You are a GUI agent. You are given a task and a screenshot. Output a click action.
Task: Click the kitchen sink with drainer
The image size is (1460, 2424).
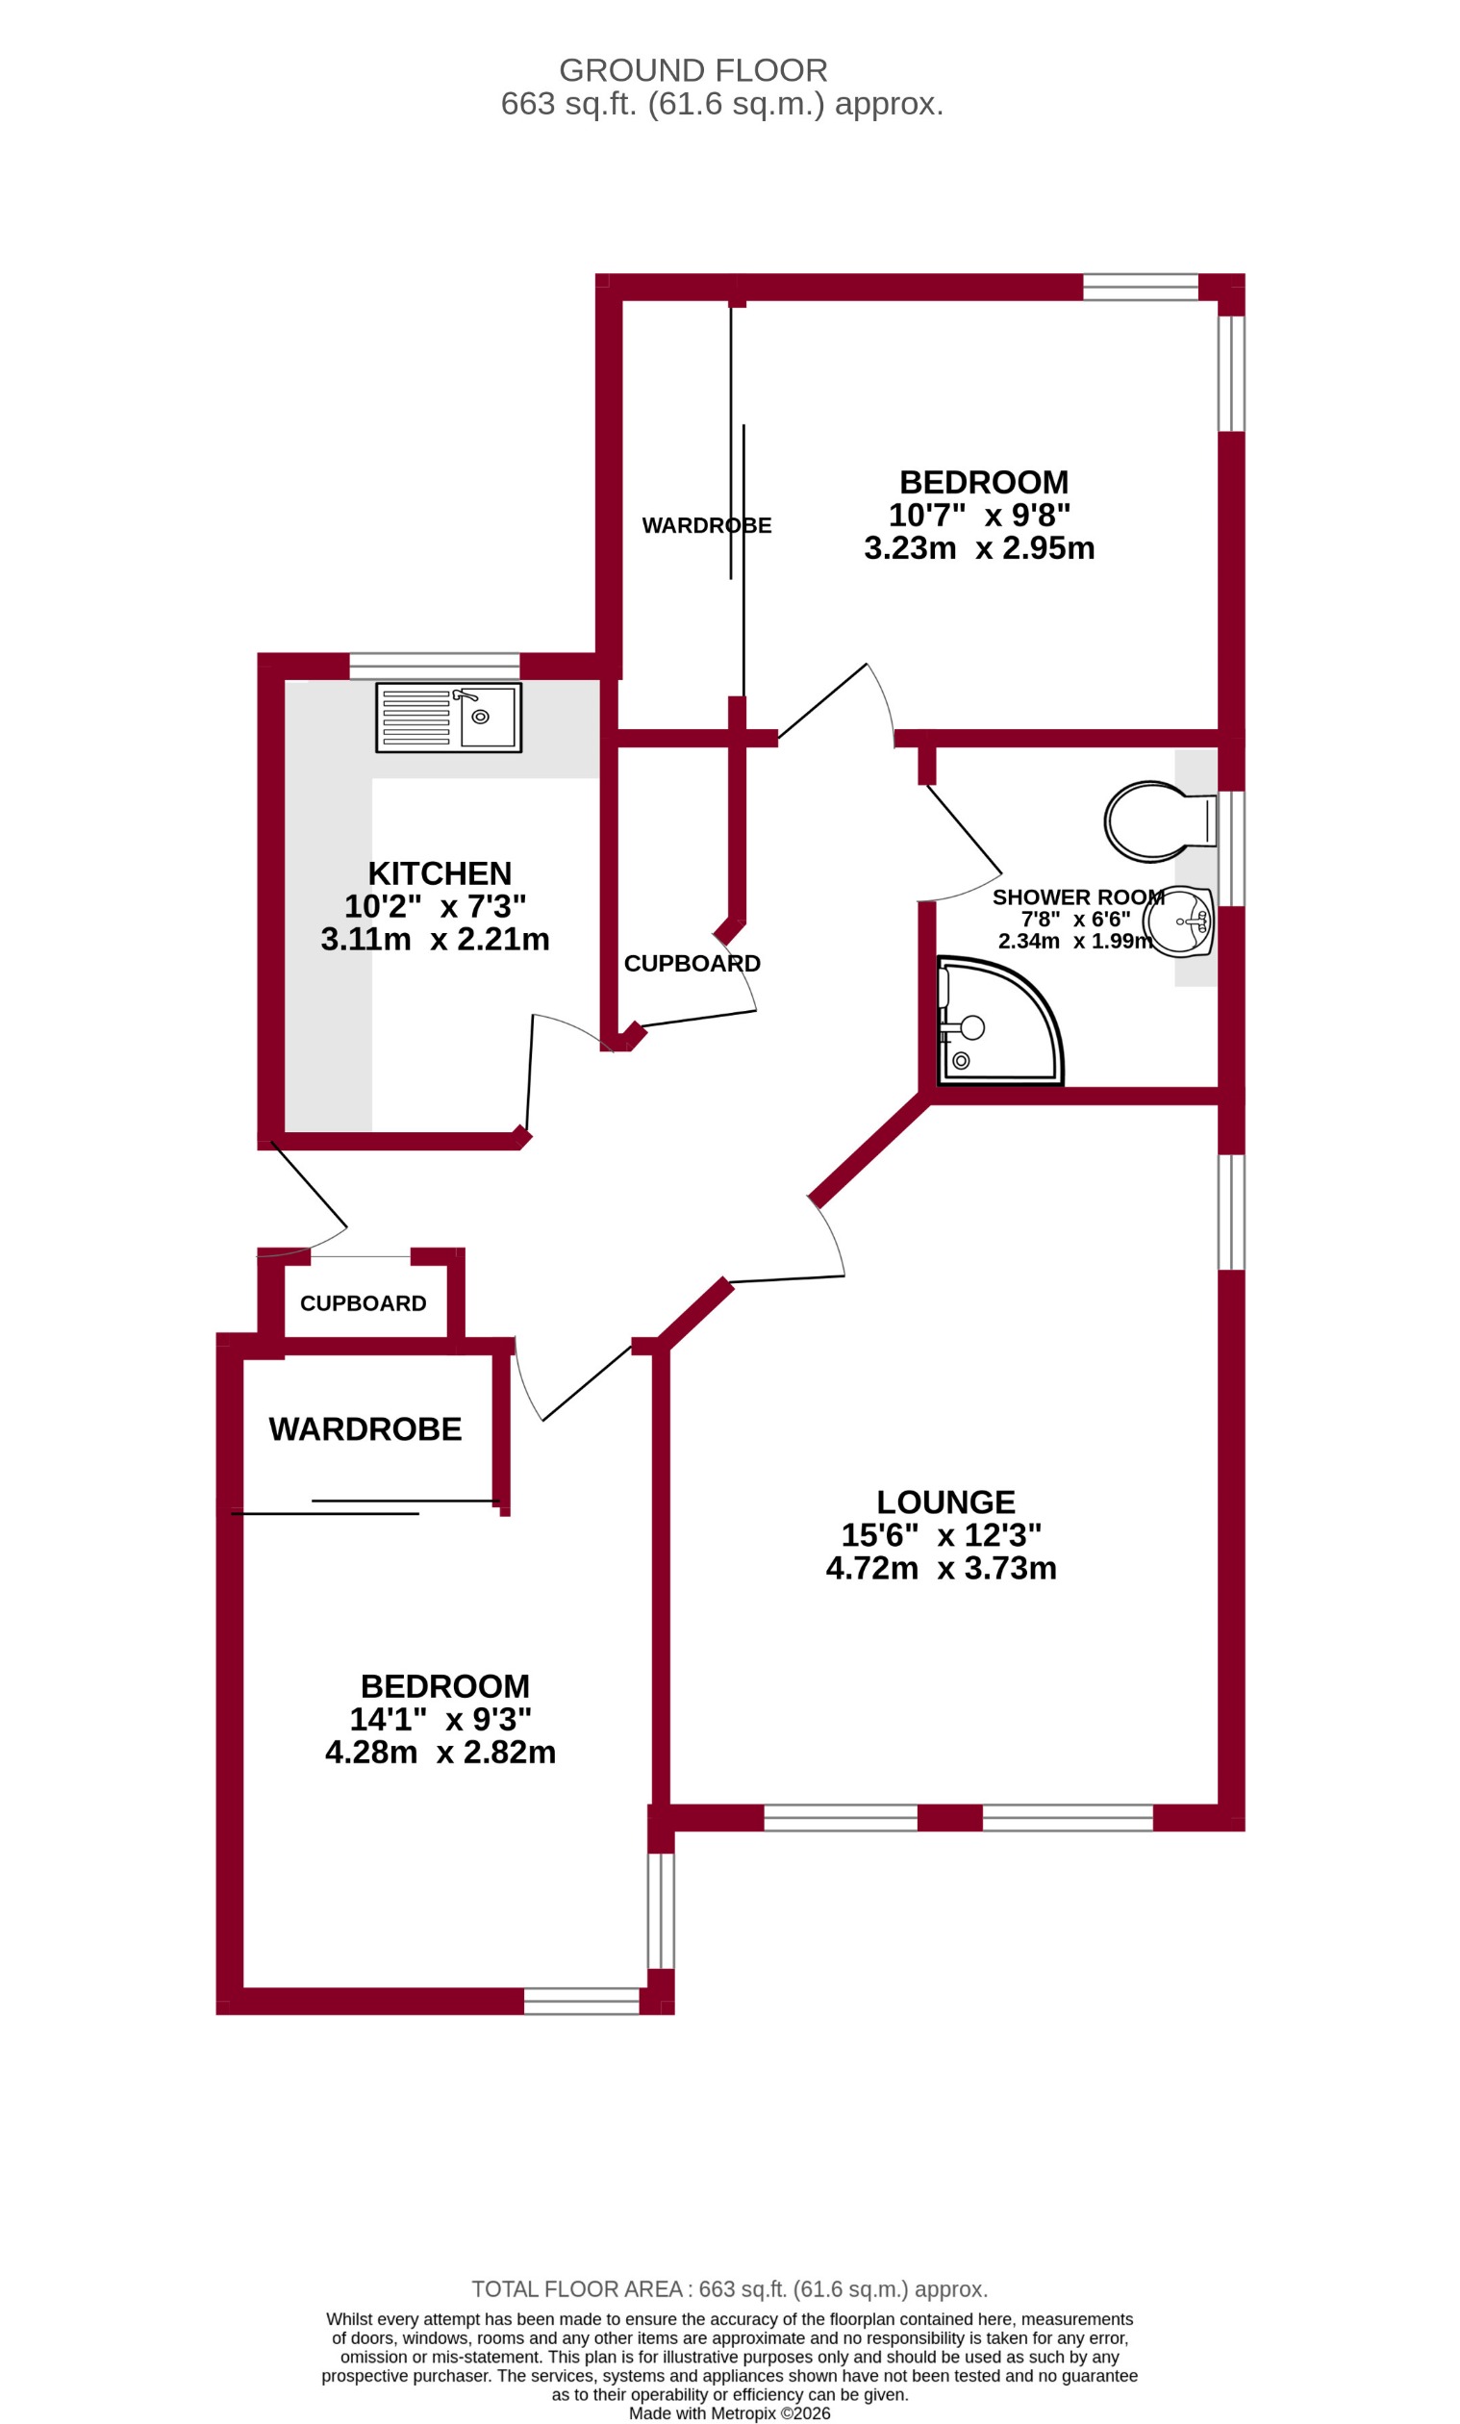pyautogui.click(x=448, y=719)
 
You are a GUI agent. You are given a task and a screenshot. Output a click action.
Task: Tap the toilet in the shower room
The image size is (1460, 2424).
pyautogui.click(x=1156, y=821)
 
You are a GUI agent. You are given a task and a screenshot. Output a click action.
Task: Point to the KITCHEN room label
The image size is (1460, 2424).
pyautogui.click(x=440, y=873)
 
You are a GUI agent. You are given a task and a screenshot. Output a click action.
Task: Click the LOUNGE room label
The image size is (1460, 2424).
pyautogui.click(x=945, y=1502)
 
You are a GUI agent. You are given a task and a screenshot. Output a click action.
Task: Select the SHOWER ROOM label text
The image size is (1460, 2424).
pyautogui.click(x=1078, y=897)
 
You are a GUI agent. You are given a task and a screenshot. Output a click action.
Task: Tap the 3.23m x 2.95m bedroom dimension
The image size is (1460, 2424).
pyautogui.click(x=979, y=548)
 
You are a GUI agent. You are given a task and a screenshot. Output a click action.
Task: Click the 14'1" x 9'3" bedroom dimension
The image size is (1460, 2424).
pyautogui.click(x=441, y=1719)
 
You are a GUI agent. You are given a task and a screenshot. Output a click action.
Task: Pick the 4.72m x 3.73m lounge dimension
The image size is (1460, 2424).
pyautogui.click(x=942, y=1568)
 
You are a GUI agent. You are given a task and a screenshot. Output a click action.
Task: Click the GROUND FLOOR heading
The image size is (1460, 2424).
pyautogui.click(x=693, y=71)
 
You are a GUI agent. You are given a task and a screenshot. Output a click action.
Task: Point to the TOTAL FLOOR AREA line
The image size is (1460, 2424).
pyautogui.click(x=730, y=2289)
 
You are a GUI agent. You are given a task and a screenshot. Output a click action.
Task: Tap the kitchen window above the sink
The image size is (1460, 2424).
pyautogui.click(x=434, y=666)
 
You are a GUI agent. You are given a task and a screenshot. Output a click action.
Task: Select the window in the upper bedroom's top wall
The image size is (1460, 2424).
pyautogui.click(x=1141, y=288)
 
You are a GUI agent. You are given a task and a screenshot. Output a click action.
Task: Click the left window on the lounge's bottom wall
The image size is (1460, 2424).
pyautogui.click(x=841, y=1818)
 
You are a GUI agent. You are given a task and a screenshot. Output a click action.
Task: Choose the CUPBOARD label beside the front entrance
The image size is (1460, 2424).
pyautogui.click(x=363, y=1303)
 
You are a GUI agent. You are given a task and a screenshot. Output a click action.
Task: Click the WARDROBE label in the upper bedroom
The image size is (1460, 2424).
pyautogui.click(x=706, y=525)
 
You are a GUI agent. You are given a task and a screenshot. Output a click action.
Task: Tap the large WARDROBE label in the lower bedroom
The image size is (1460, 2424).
pyautogui.click(x=365, y=1429)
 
